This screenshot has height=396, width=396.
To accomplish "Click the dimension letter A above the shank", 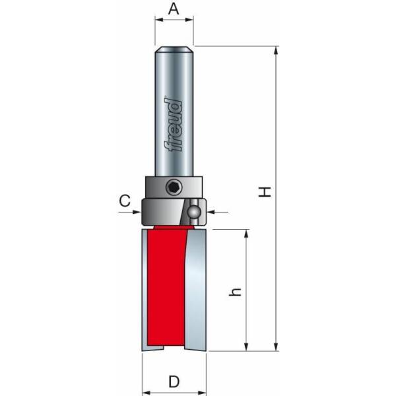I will pyautogui.click(x=174, y=9).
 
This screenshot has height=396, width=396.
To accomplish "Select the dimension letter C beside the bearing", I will pyautogui.click(x=123, y=201).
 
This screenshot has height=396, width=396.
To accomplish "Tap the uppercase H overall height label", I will pyautogui.click(x=265, y=192).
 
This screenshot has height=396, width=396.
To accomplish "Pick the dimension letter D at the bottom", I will pyautogui.click(x=174, y=381).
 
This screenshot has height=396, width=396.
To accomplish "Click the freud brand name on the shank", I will pyautogui.click(x=174, y=125).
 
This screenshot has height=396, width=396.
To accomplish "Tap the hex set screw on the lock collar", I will pyautogui.click(x=174, y=188).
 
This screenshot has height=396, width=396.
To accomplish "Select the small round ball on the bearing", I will pyautogui.click(x=195, y=212).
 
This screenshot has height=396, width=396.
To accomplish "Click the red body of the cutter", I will pyautogui.click(x=165, y=290).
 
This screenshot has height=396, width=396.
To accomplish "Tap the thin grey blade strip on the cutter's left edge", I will pyautogui.click(x=145, y=290).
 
